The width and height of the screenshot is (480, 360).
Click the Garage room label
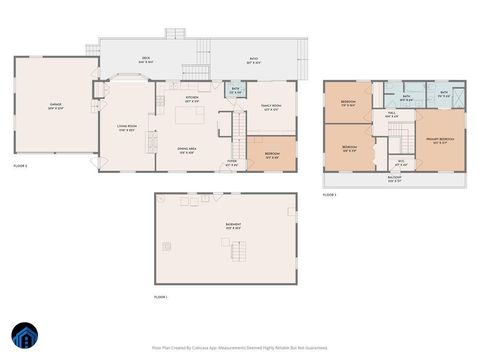[56, 105]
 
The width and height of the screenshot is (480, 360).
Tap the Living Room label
[127, 128]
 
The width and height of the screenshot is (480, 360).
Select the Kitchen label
[192, 98]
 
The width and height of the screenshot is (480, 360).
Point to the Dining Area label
[186, 151]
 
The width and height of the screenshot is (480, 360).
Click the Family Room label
[271, 106]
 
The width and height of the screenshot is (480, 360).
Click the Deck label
[145, 59]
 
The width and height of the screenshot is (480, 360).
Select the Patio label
[254, 59]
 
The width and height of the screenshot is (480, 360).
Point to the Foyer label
[231, 161]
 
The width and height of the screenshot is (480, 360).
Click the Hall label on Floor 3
[394, 114]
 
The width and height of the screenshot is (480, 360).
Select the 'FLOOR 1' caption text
[161, 297]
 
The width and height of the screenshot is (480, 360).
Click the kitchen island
[190, 115]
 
